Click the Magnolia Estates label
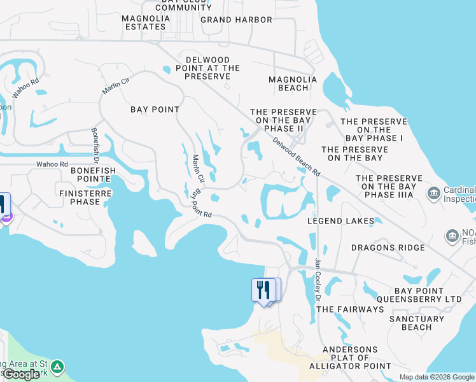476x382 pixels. pyautogui.click(x=147, y=22)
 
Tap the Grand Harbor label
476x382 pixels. pyautogui.click(x=236, y=20)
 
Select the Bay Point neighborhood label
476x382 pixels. pyautogui.click(x=155, y=110)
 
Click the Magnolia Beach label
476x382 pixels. pyautogui.click(x=293, y=83)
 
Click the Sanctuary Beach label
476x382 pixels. pyautogui.click(x=417, y=323)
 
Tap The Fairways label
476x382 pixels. pyautogui.click(x=350, y=309)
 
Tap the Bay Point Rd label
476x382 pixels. pyautogui.click(x=201, y=204)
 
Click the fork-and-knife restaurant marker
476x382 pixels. pyautogui.click(x=262, y=290)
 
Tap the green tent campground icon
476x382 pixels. pyautogui.click(x=57, y=367)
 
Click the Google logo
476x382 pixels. pyautogui.click(x=21, y=374)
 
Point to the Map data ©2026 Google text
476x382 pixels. pyautogui.click(x=436, y=377)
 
